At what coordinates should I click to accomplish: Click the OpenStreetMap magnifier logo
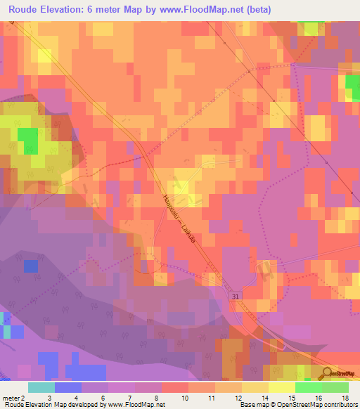point(328,372)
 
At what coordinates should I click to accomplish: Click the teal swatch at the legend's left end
point(41,387)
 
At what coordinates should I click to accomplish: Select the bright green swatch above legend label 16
point(308,387)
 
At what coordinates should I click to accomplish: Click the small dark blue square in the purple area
point(30,266)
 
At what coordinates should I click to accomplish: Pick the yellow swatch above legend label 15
point(281,387)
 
